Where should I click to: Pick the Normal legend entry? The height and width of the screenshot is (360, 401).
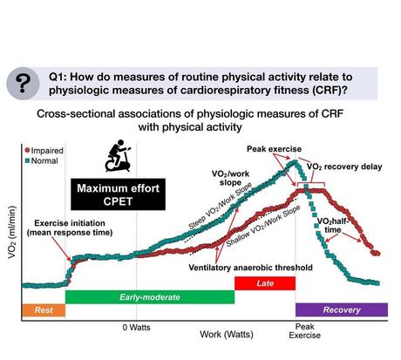(x=23, y=160)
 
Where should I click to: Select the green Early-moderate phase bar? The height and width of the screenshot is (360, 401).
(x=149, y=297)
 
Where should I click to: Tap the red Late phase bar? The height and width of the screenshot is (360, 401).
(x=265, y=283)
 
